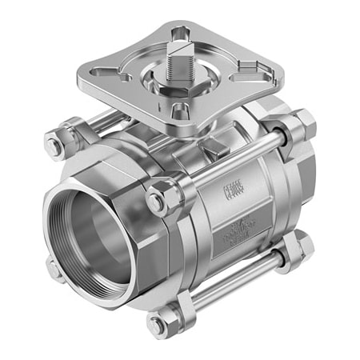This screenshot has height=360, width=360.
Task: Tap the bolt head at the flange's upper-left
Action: tap(54, 146)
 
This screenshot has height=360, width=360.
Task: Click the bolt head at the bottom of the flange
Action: tap(157, 324)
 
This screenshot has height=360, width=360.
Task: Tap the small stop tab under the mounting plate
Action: tap(214, 149)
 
